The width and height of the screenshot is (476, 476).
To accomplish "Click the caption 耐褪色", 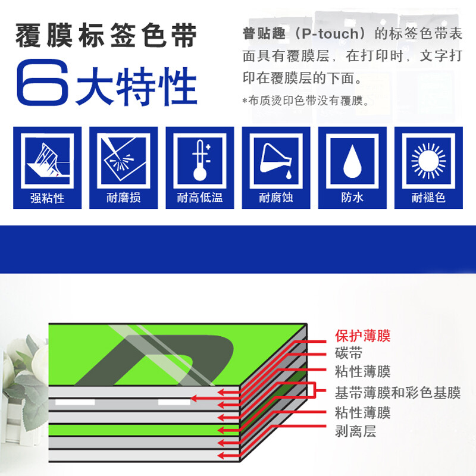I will click(x=428, y=198).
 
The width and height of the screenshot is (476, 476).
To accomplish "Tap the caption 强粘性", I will click(x=47, y=198).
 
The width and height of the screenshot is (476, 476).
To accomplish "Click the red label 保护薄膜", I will click(x=362, y=336).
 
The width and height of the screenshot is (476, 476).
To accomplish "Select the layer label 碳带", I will click(x=348, y=354).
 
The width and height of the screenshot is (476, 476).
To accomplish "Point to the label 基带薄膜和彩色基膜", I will click(x=397, y=393).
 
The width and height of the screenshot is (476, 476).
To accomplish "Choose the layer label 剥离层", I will click(x=355, y=431).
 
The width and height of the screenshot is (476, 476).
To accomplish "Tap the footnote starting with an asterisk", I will click(x=306, y=101).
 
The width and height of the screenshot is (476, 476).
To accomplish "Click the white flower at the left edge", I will click(x=18, y=357).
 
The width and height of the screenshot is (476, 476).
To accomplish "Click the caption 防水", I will click(x=352, y=198).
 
